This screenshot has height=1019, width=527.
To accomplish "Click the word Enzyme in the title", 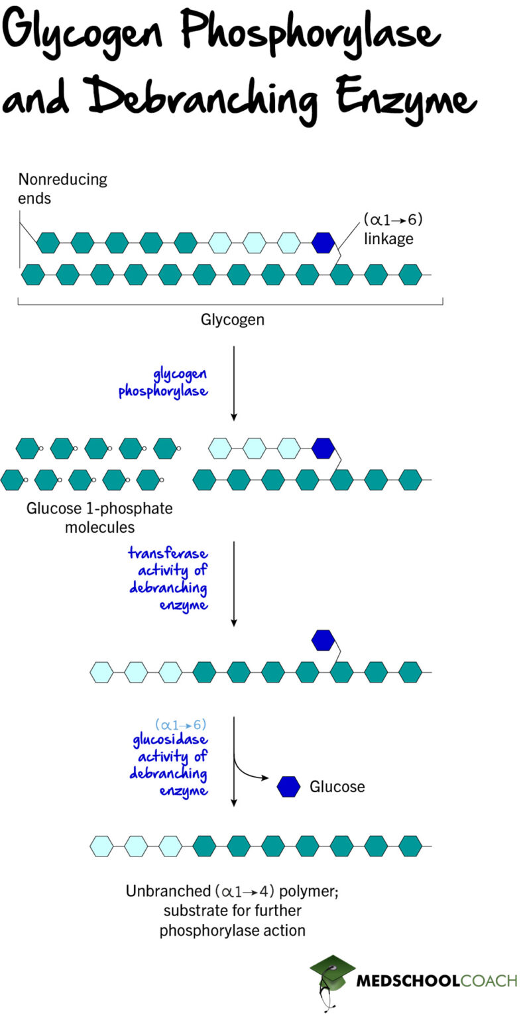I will point(404,98).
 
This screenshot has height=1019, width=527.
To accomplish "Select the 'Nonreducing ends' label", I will point(62,188).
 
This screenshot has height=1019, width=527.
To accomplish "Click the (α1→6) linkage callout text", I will point(392,229).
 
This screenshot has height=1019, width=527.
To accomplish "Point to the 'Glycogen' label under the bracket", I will point(232,320).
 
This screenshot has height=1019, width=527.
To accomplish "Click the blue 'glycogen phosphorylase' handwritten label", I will point(163,383).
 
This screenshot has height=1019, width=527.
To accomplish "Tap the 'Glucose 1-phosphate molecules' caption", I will point(99,518).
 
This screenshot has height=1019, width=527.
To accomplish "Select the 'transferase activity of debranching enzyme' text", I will point(168,578).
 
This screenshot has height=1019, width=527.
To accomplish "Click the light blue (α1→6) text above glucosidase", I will point(181,726).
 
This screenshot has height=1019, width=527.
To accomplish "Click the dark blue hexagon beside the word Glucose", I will point(288,787).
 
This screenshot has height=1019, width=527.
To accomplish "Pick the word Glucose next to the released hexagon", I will point(337,787).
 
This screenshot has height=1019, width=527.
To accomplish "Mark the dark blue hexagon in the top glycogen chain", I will point(323,243).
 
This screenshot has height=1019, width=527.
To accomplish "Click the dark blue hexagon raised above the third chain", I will point(323,640).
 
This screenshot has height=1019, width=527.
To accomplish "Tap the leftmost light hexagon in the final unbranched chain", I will point(101,846).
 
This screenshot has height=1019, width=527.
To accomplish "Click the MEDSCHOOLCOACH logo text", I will point(436,981).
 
